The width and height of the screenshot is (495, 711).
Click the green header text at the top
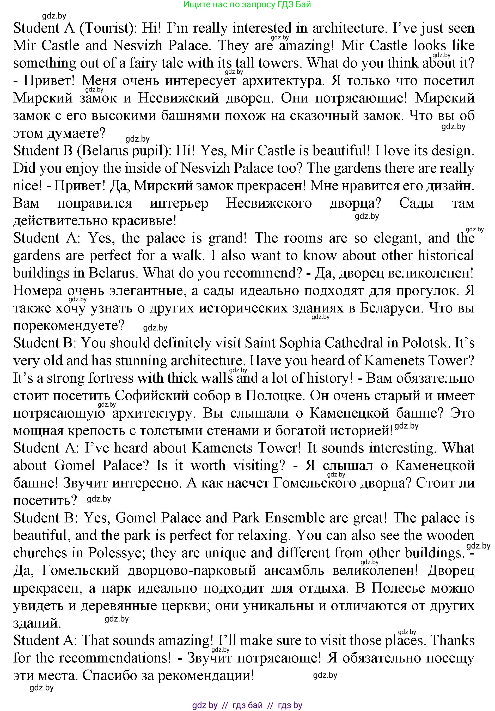coord(247,5)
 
